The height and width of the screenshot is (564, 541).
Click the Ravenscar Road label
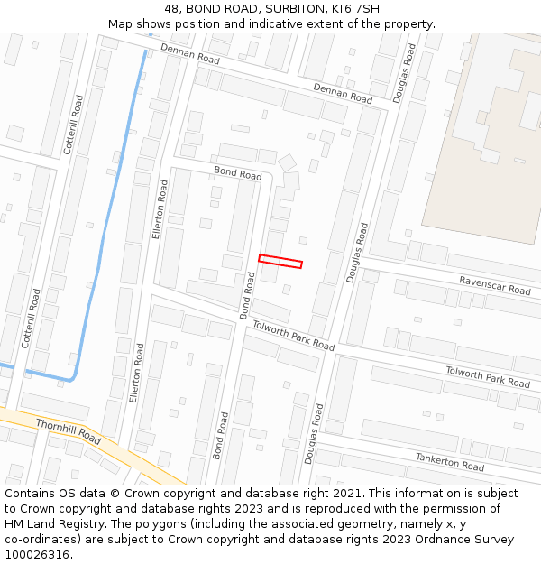[495, 285]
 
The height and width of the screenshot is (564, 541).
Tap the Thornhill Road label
[68, 430]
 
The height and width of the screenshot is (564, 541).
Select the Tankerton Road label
[450, 462]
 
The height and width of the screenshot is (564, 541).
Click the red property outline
[280, 261]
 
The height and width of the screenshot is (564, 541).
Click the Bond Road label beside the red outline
[248, 295]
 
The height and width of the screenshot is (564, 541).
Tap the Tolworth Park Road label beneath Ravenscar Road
[488, 376]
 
